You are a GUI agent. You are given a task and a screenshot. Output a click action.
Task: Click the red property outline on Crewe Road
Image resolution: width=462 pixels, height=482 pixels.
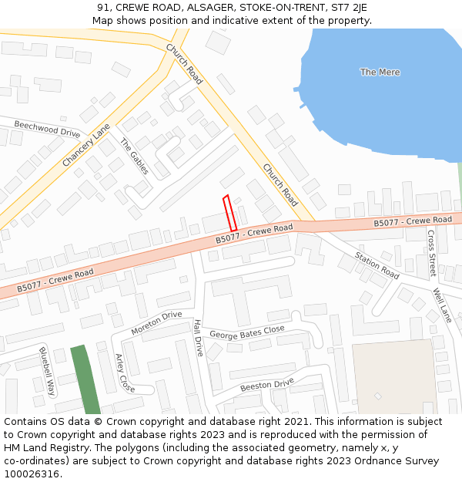229,212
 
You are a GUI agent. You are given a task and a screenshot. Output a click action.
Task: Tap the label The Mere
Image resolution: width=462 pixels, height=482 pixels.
380,72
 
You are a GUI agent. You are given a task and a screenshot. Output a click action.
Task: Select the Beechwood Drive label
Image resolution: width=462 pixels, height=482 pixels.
47,129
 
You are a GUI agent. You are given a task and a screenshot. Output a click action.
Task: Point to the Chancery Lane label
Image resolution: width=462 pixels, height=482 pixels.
86,146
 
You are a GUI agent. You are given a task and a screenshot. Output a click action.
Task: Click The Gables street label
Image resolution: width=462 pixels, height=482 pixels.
134,157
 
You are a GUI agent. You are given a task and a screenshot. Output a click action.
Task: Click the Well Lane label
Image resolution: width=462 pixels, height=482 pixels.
442,305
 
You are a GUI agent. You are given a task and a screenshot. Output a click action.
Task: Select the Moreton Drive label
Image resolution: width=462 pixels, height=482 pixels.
156,323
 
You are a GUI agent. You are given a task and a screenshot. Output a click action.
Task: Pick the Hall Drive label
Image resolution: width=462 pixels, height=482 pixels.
198,338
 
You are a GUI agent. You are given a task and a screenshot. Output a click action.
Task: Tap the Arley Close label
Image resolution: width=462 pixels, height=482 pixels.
124,373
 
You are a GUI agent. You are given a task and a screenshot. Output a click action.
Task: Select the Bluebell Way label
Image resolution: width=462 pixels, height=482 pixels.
47,372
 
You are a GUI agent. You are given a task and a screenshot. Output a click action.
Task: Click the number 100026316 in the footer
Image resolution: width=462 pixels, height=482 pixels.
32,474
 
